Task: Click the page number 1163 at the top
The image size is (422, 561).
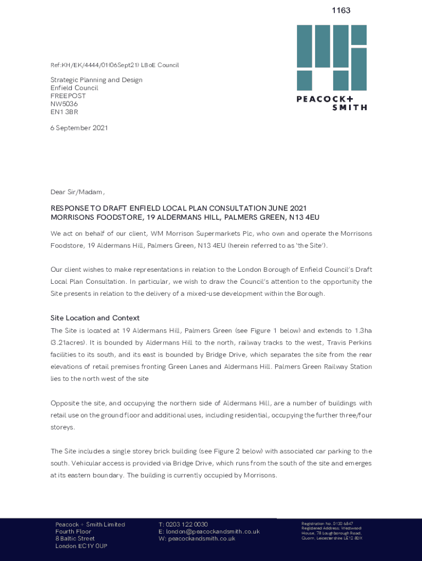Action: [x=341, y=10]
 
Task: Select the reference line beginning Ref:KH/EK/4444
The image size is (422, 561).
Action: [x=115, y=65]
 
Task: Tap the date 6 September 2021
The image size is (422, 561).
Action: [x=79, y=128]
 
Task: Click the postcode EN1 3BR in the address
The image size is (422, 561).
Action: [x=64, y=112]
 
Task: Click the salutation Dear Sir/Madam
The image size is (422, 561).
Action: [x=77, y=192]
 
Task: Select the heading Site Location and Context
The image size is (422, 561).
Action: [x=95, y=318]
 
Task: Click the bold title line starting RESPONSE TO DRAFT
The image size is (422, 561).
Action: [x=179, y=208]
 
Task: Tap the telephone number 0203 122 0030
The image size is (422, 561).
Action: [x=187, y=524]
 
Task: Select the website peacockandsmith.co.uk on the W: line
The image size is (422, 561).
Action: [x=202, y=539]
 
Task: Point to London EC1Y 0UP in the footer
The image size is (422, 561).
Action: [x=81, y=546]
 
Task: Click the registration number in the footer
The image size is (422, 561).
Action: [x=327, y=524]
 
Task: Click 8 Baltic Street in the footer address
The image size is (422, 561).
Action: [x=75, y=539]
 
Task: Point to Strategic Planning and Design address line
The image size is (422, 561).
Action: [x=96, y=80]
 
